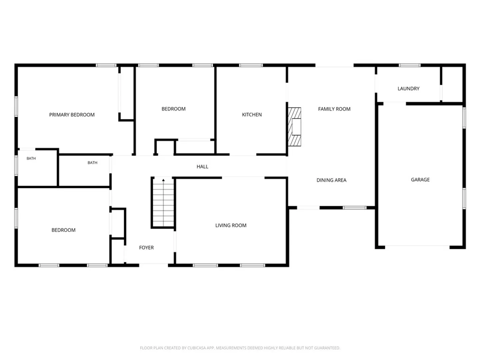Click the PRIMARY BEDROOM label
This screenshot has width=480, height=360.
point(72,115)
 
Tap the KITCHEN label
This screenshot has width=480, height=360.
point(252,115)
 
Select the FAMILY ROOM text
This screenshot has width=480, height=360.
point(334,109)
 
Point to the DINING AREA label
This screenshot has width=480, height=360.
point(331,180)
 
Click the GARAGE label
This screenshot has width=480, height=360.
point(420,180)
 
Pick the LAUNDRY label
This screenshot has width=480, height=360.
point(408,89)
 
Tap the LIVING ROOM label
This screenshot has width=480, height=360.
point(231,225)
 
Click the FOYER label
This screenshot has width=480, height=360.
point(146,248)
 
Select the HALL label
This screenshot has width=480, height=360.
point(202,167)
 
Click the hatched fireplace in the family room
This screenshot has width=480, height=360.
point(294,127)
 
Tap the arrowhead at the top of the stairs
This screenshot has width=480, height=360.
point(163,180)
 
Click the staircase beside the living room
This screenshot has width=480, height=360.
point(163,203)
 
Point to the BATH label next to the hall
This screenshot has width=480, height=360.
point(92,163)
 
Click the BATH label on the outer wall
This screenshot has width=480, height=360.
point(31,158)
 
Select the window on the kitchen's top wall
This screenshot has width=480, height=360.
point(251,65)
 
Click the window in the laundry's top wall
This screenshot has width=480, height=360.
point(409,65)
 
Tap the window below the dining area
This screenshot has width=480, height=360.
point(354,208)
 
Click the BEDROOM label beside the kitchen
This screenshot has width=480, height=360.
point(173,109)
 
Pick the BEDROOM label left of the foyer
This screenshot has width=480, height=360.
point(63,230)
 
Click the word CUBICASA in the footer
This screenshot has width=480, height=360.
point(196,348)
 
